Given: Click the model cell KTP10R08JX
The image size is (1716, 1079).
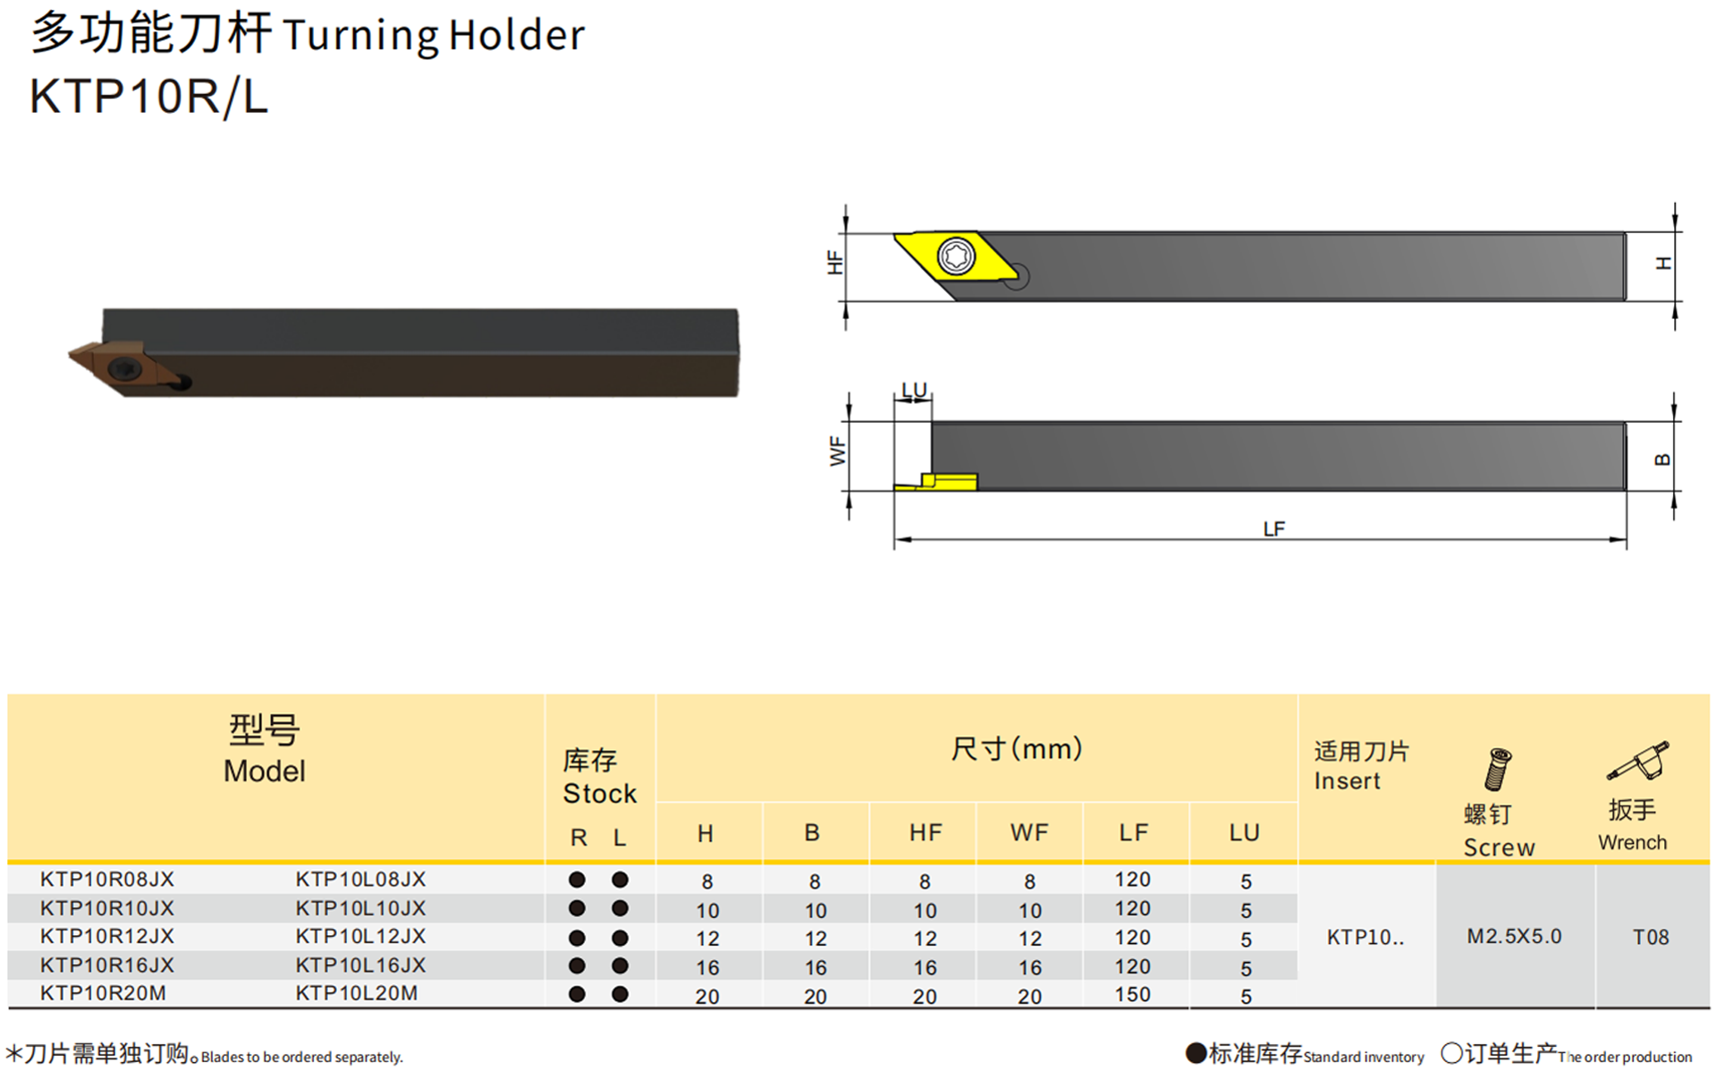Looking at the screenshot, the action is pyautogui.click(x=107, y=879).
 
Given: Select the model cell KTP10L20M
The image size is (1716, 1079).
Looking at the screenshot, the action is pyautogui.click(x=357, y=993).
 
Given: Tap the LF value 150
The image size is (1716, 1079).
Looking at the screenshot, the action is pyautogui.click(x=1132, y=995).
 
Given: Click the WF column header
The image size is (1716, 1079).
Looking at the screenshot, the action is pyautogui.click(x=1029, y=832).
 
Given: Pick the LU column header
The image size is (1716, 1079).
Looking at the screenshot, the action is pyautogui.click(x=1244, y=832).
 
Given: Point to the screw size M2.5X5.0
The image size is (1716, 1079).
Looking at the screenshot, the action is pyautogui.click(x=1514, y=936).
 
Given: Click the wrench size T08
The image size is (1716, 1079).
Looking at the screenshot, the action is pyautogui.click(x=1651, y=936).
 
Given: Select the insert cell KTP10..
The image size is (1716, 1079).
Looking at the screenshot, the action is pyautogui.click(x=1365, y=937).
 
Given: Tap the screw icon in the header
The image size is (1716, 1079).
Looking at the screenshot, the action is pyautogui.click(x=1497, y=769).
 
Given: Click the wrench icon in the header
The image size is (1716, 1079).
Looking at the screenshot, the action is pyautogui.click(x=1638, y=761).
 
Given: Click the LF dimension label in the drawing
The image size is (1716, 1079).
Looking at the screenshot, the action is pyautogui.click(x=1273, y=529).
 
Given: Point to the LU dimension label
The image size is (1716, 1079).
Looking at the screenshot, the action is pyautogui.click(x=913, y=389).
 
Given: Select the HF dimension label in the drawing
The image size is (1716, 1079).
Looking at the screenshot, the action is pyautogui.click(x=836, y=263).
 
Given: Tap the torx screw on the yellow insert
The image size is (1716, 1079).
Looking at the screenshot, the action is pyautogui.click(x=956, y=256).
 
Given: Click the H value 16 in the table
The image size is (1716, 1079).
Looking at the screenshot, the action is pyautogui.click(x=708, y=967).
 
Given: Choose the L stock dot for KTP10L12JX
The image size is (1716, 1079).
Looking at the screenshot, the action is pyautogui.click(x=620, y=938).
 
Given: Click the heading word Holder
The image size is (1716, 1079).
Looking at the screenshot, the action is pyautogui.click(x=517, y=35).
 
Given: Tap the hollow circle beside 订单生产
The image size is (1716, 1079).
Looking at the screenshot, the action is pyautogui.click(x=1451, y=1053).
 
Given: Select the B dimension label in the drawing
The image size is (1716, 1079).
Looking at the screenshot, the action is pyautogui.click(x=1662, y=460).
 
